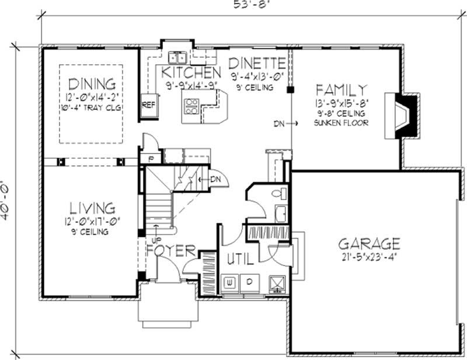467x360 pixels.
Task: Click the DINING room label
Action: click(92, 84)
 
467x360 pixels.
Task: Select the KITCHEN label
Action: click(191, 73)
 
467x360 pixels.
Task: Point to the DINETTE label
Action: click(257, 63)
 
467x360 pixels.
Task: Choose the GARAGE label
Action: click(370, 243)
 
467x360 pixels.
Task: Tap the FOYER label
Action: click(170, 251)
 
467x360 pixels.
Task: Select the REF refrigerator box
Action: click(148, 105)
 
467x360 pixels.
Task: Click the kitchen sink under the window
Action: click(178, 57)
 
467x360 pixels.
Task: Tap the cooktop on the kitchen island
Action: click(191, 106)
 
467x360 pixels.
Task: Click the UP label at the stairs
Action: click(156, 239)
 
